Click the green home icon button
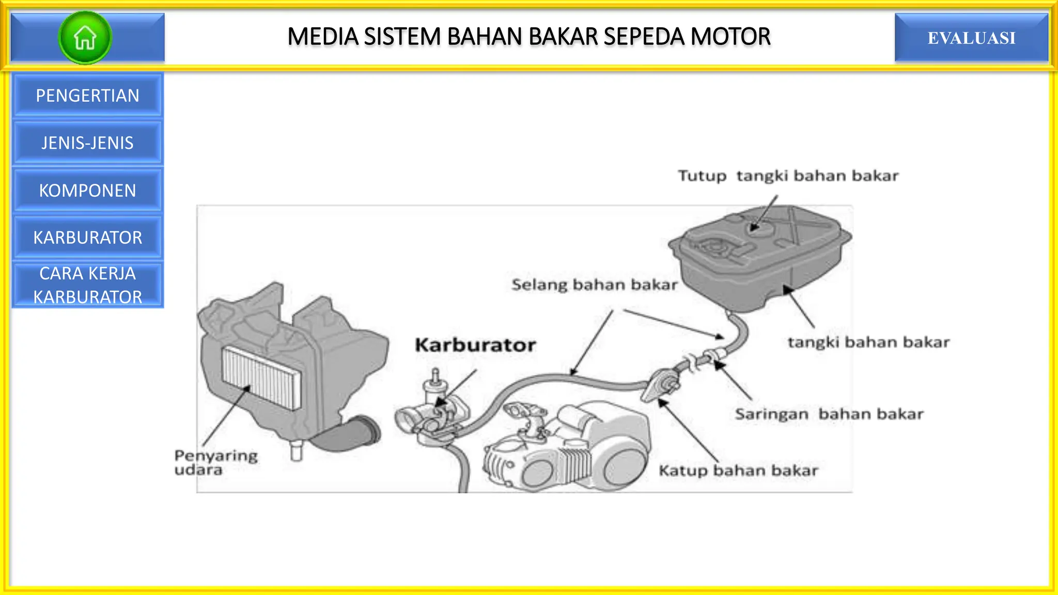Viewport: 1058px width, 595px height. (x=85, y=38)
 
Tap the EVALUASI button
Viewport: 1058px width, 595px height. (x=971, y=38)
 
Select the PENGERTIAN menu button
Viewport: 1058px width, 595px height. (x=87, y=96)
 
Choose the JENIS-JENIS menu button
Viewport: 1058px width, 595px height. (x=87, y=143)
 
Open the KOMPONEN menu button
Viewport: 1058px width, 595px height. (x=87, y=191)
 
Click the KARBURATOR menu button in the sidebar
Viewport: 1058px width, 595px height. (x=87, y=238)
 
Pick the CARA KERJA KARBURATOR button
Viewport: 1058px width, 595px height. (x=87, y=285)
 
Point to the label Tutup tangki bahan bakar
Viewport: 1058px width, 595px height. (x=788, y=176)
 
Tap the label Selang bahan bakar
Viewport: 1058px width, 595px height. (x=594, y=285)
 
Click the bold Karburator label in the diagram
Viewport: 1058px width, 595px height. (x=475, y=345)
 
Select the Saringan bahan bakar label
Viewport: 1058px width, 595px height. (x=829, y=414)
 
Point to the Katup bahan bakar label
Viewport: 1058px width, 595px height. (x=738, y=471)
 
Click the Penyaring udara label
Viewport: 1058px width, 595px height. (x=215, y=462)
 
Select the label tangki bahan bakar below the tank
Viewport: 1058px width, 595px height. (x=868, y=342)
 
